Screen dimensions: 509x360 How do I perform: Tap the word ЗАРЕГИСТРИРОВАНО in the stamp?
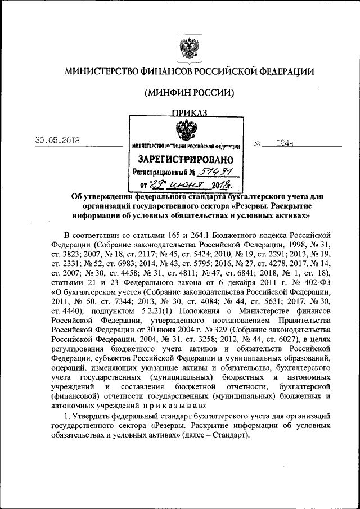click(x=186, y=159)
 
